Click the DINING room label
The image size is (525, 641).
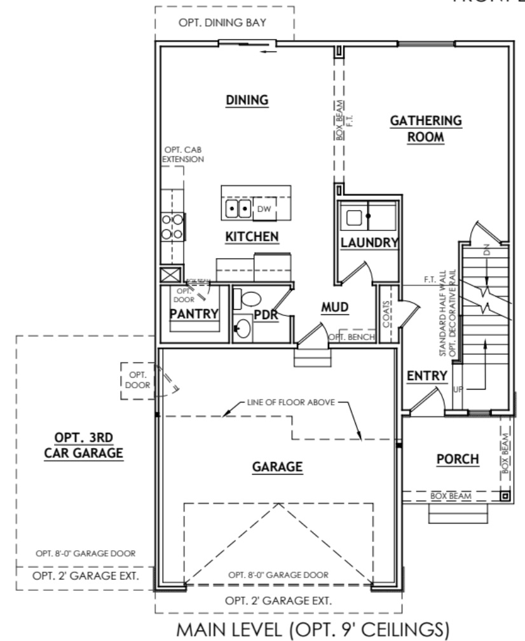click(248, 100)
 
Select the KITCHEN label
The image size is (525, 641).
click(252, 237)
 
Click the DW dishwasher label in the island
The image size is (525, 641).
click(264, 208)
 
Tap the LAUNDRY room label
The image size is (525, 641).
click(369, 242)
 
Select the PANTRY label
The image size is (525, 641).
click(194, 314)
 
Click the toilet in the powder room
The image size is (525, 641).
click(249, 299)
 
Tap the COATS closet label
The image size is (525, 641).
click(385, 313)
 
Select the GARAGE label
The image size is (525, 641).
click(276, 466)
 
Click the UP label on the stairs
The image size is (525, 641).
click(458, 387)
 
